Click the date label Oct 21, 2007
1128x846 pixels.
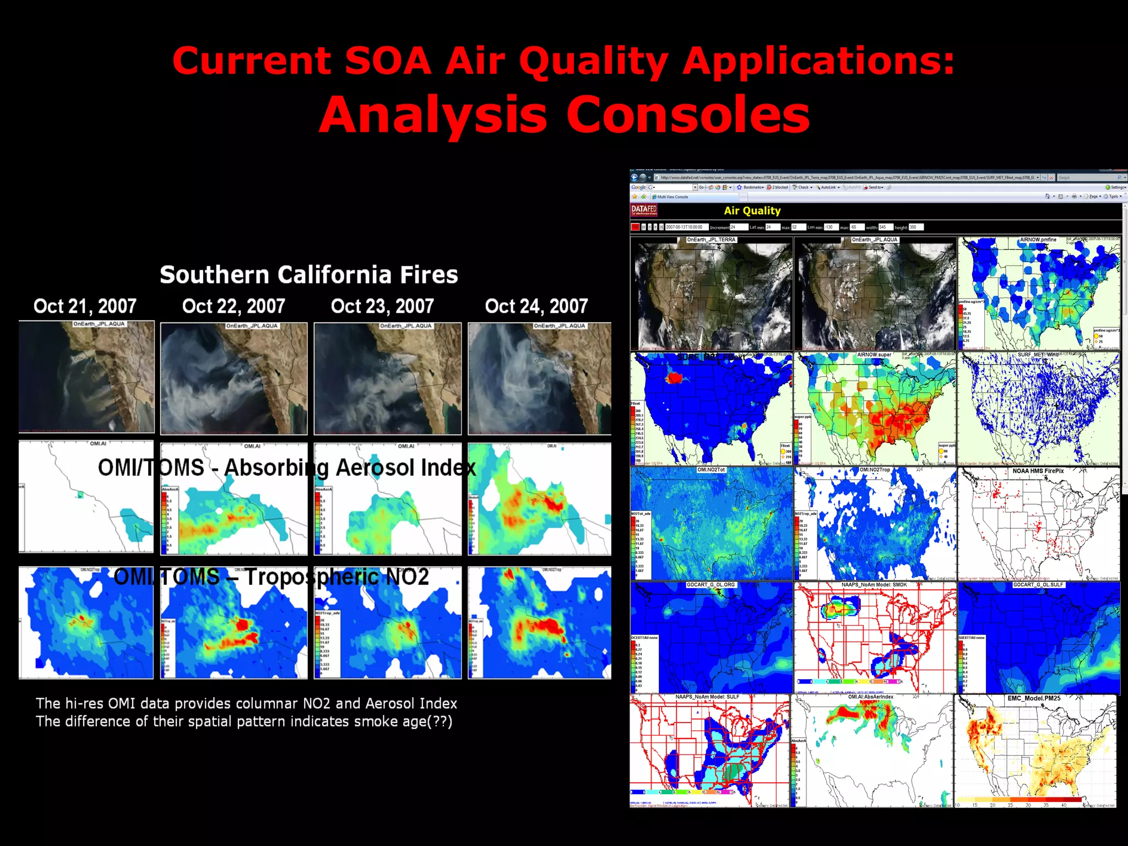coord(85,306)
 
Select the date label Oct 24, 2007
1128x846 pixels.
coord(536,306)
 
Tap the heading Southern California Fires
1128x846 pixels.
coord(308,275)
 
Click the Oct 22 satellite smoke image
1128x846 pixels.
coord(234,379)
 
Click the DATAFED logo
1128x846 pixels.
coord(644,210)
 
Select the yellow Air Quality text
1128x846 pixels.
coord(752,210)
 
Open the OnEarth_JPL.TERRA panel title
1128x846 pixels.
coord(711,240)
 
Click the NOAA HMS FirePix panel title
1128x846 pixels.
coord(1038,471)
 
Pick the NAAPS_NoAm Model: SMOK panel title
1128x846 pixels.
coord(874,585)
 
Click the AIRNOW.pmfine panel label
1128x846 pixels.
coord(1038,240)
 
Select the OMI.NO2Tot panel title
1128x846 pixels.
coord(711,470)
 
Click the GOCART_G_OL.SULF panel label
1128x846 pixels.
coord(1038,585)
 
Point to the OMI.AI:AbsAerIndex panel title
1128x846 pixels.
coord(870,697)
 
